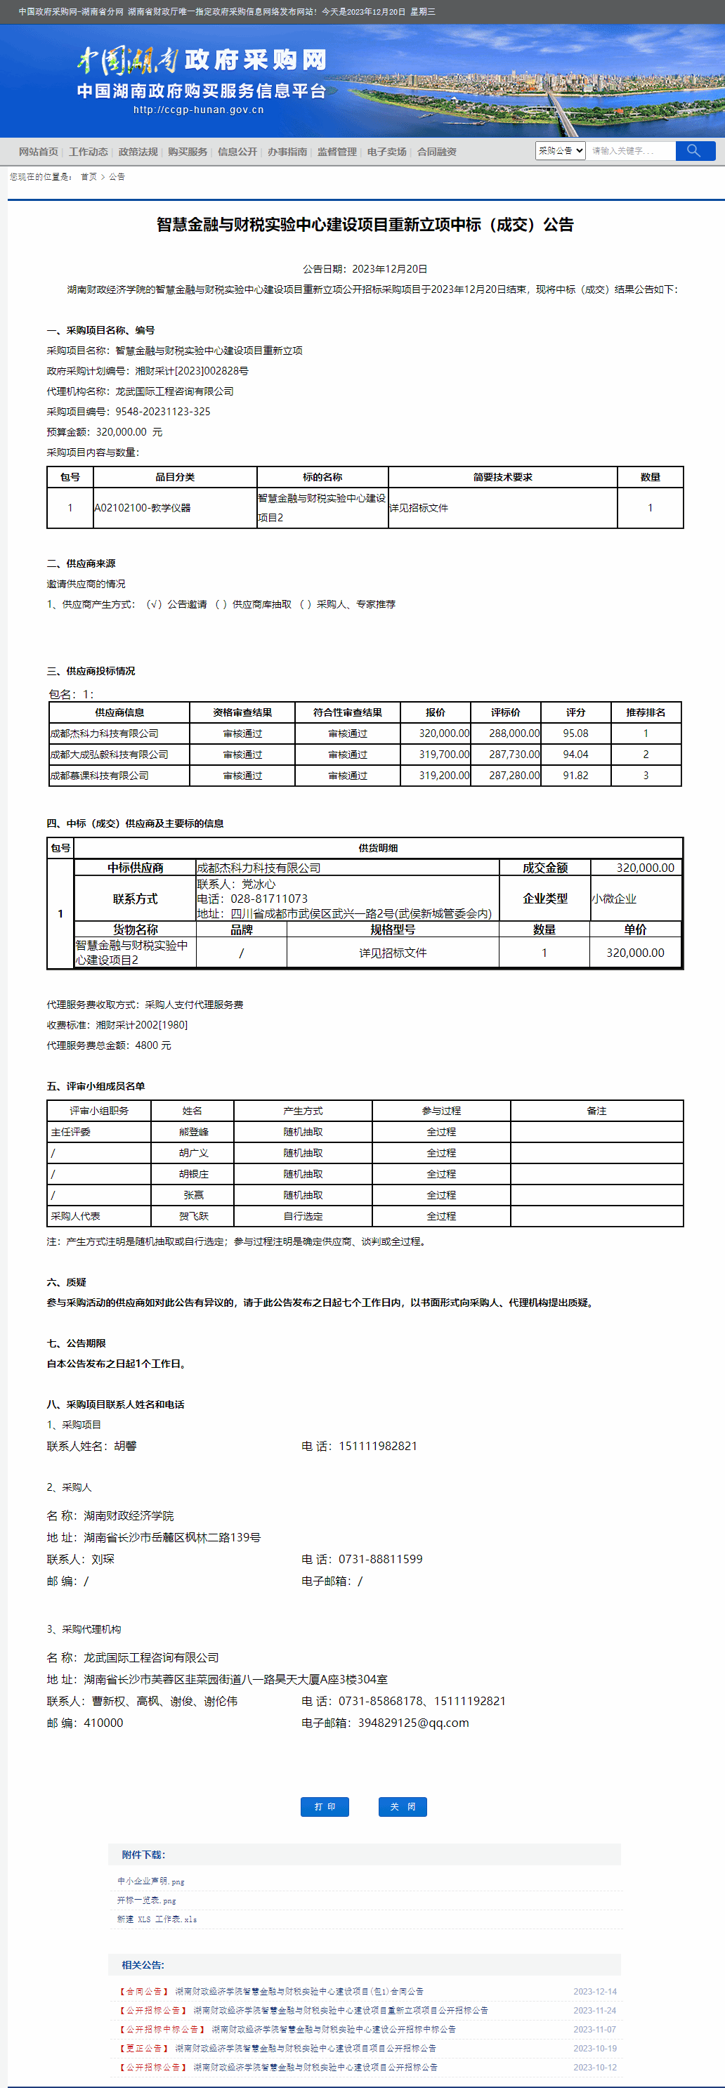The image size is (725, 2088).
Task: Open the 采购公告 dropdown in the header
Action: click(x=560, y=151)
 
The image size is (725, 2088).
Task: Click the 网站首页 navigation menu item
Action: click(x=38, y=152)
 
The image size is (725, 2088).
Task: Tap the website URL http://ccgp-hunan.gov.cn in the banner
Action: click(x=198, y=110)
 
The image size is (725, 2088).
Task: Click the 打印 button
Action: click(x=325, y=1806)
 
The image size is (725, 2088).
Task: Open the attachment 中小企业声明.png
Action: click(x=151, y=1881)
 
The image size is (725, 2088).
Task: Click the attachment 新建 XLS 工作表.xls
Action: click(x=157, y=1919)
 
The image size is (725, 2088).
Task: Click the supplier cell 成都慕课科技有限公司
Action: click(x=100, y=775)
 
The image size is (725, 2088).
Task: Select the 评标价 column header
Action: click(x=505, y=712)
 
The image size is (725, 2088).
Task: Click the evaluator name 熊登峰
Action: click(x=193, y=1132)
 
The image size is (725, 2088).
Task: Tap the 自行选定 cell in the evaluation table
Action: click(x=303, y=1216)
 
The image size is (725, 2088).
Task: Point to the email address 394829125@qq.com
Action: click(x=414, y=1723)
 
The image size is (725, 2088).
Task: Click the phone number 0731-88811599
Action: click(x=380, y=1559)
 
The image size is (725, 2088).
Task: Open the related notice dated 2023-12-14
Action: click(x=299, y=1991)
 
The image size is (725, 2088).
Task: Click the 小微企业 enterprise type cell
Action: click(x=614, y=898)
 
